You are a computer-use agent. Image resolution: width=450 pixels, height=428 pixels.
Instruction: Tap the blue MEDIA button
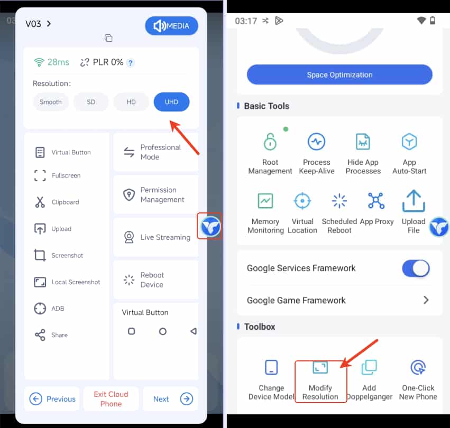point(171,26)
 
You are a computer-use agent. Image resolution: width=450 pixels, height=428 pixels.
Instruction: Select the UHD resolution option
point(171,102)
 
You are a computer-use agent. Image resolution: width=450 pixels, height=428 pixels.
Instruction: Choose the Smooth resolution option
point(51,102)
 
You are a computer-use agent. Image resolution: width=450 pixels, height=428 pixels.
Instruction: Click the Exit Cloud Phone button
point(111,399)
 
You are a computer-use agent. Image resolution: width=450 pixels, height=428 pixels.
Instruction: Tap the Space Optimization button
point(339,75)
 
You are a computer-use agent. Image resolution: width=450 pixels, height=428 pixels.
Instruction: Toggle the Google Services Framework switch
point(416,268)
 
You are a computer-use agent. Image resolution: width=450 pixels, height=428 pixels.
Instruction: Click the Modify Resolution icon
point(320,367)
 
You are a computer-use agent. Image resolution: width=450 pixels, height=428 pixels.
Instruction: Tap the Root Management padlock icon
point(270,142)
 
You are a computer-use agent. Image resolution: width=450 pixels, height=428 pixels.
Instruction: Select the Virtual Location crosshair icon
point(302,201)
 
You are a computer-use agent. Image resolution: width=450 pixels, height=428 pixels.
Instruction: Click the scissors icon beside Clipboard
point(40,202)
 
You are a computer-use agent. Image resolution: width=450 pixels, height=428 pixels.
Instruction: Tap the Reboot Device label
point(152,280)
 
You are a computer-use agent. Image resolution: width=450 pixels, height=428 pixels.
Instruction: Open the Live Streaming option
point(156,237)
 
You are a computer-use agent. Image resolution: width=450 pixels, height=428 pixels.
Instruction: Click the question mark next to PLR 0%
point(131,62)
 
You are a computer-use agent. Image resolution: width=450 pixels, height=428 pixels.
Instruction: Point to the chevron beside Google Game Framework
point(426,300)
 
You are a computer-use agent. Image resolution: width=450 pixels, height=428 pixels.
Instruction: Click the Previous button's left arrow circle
point(36,399)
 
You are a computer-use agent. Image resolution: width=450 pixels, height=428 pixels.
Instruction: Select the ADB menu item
point(49,309)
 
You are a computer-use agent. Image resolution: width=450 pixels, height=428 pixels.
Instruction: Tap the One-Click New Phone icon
point(418,367)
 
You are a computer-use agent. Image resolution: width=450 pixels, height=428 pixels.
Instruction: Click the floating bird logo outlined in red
point(210,227)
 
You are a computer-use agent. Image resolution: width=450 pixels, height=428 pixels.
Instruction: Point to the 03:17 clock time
point(246,21)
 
